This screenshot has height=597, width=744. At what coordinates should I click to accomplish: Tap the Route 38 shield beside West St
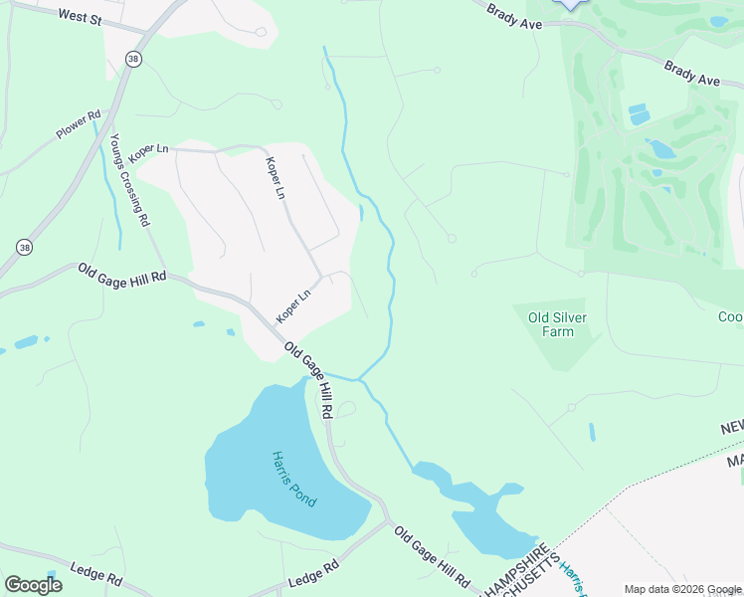click(134, 60)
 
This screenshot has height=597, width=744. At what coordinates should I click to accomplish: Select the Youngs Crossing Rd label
click(129, 179)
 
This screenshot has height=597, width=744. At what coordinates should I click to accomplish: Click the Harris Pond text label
click(294, 479)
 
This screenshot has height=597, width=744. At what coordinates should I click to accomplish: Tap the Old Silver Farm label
click(550, 324)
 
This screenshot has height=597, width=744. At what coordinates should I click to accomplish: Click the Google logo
click(33, 585)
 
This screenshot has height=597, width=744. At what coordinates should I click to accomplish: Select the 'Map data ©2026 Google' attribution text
click(682, 588)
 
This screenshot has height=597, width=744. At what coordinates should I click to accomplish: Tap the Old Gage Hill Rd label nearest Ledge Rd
click(432, 558)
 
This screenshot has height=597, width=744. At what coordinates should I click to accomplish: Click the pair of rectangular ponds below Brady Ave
click(638, 113)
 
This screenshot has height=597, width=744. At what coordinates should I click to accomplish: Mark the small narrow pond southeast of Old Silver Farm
click(592, 432)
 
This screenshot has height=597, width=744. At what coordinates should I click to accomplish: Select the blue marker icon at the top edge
click(570, 4)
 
